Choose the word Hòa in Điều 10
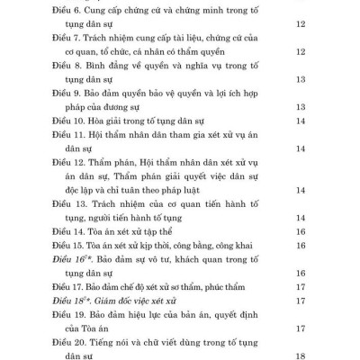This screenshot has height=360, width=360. (x=104, y=120)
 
